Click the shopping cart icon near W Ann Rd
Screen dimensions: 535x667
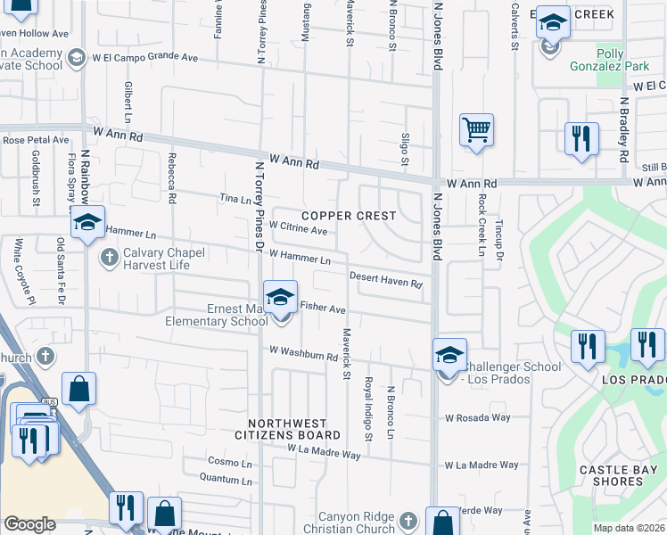[476, 130]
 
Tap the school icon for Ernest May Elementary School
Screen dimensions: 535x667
[280, 299]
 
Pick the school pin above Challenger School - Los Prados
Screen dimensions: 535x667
[449, 354]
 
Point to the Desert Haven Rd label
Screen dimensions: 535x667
[385, 279]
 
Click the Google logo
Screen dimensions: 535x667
[29, 523]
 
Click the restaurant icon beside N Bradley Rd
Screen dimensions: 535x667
[581, 139]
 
